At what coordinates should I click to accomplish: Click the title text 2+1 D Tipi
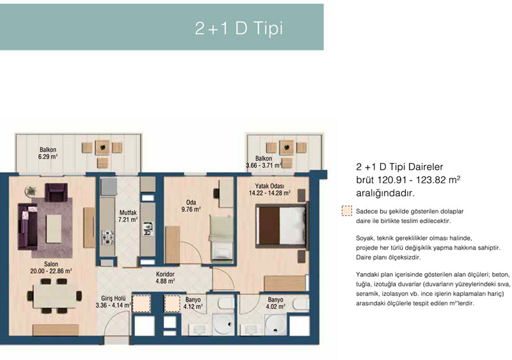tap(239, 28)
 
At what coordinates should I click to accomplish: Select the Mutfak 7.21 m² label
tap(128, 216)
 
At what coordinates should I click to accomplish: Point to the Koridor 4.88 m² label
tap(165, 278)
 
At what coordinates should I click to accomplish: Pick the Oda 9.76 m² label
tap(191, 206)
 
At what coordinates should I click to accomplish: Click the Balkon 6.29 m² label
tap(48, 153)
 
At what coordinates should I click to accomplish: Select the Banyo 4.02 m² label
tap(276, 303)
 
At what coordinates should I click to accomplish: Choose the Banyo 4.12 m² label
tap(193, 303)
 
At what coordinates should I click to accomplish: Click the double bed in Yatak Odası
tap(282, 226)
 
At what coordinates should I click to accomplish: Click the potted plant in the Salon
tap(31, 191)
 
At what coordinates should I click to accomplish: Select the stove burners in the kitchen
tap(108, 237)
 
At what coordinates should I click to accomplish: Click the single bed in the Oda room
tap(221, 238)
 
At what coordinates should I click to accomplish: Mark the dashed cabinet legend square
tap(347, 211)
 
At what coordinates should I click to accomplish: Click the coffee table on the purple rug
tap(54, 228)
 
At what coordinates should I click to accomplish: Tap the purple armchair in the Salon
tap(56, 192)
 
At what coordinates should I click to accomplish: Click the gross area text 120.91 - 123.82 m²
tap(419, 180)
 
